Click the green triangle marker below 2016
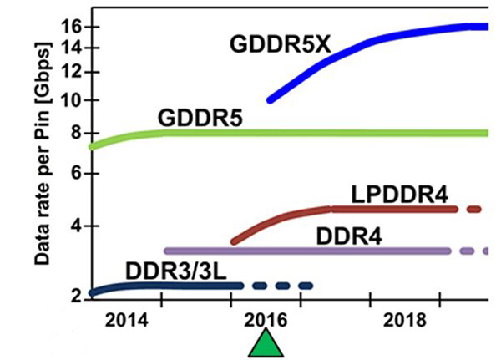(266, 344)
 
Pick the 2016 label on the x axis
(266, 321)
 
